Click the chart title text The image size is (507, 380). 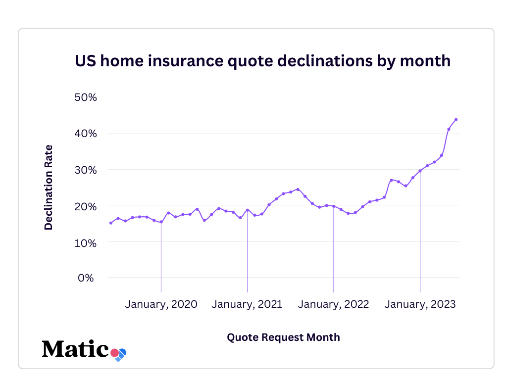click(262, 60)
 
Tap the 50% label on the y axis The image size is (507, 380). click(85, 97)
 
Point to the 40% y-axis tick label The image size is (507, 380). click(85, 134)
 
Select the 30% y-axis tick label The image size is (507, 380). click(85, 170)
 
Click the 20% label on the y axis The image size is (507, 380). click(85, 206)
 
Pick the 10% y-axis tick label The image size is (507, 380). click(85, 242)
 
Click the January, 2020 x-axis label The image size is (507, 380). click(161, 304)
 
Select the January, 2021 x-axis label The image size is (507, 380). click(247, 304)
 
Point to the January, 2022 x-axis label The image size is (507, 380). click(333, 304)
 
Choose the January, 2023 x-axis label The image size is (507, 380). click(420, 304)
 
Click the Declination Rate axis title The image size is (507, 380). click(49, 187)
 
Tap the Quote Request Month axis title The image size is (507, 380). click(283, 337)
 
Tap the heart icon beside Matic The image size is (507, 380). click(119, 354)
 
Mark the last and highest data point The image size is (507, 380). click(456, 119)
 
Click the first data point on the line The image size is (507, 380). click(111, 223)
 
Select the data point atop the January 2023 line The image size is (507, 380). click(420, 171)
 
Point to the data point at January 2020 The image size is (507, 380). click(161, 222)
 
